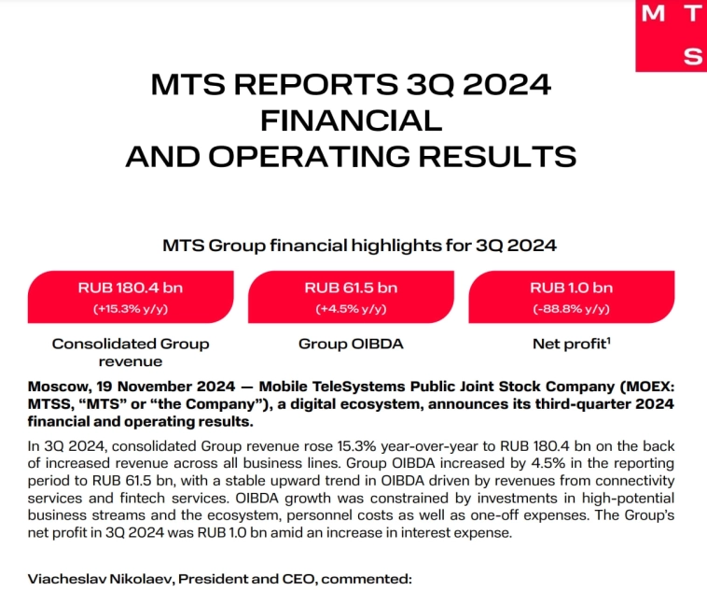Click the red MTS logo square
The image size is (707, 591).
[x=671, y=35]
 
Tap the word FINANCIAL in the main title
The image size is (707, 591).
[x=352, y=120]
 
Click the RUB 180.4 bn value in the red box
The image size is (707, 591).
[x=131, y=288]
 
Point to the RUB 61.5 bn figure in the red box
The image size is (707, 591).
[x=351, y=288]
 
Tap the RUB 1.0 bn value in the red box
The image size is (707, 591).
[x=571, y=288]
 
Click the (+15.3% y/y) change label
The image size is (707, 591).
[x=131, y=308]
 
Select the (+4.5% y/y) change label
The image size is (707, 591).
[x=351, y=308]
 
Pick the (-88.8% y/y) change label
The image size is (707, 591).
[x=571, y=308]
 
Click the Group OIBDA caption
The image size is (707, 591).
[x=351, y=344]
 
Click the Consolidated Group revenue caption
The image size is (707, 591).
[x=131, y=352]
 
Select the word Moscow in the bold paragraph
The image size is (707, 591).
[x=58, y=386]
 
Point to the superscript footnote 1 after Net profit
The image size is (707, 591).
[x=608, y=340]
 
